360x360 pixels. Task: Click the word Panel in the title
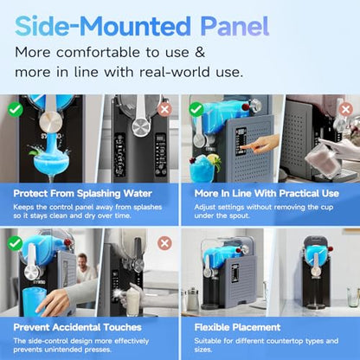point(235,26)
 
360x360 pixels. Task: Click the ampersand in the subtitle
point(200,52)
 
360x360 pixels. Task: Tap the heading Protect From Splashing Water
point(83,194)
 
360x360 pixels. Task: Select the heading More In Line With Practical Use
point(267,193)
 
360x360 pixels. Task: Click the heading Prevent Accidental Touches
point(78,327)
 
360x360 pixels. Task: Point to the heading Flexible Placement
point(237,327)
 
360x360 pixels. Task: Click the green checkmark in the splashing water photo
point(15,109)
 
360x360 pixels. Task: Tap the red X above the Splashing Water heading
point(164,110)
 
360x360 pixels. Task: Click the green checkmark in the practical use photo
point(196,109)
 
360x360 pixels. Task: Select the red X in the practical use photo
point(345,110)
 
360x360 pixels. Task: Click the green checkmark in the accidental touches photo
point(15,243)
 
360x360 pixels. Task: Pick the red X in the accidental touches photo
point(164,243)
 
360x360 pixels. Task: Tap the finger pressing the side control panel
point(251,145)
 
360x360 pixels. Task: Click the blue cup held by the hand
point(34,300)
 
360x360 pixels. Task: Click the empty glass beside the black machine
point(353,297)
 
